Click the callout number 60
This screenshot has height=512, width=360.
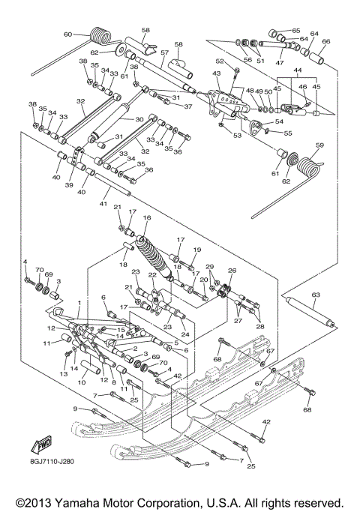(x=67, y=34)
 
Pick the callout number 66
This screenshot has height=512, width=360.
(x=325, y=41)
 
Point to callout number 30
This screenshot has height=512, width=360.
(x=139, y=119)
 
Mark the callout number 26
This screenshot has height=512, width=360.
(x=232, y=271)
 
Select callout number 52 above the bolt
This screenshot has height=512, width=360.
(x=220, y=61)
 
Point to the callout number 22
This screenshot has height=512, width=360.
(x=151, y=275)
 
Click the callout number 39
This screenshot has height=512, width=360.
(x=69, y=185)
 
